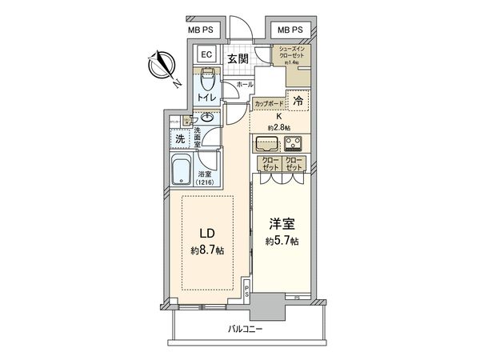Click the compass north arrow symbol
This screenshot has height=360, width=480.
point(163,65)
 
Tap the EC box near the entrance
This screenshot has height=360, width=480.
point(204,56)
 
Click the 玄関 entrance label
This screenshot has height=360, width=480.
point(236,58)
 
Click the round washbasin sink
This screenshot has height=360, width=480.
point(207,118)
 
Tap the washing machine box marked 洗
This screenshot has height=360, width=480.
point(180,138)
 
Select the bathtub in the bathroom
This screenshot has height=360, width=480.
point(181,170)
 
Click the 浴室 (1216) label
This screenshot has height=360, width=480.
point(205,178)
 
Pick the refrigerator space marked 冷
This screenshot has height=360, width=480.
point(298,102)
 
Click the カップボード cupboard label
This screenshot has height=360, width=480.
point(268,104)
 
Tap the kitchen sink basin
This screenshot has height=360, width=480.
point(266,145)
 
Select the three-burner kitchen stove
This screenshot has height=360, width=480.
point(294,145)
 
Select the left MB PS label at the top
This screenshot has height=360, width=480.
point(200,30)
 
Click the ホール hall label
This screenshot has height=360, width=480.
point(245,84)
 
